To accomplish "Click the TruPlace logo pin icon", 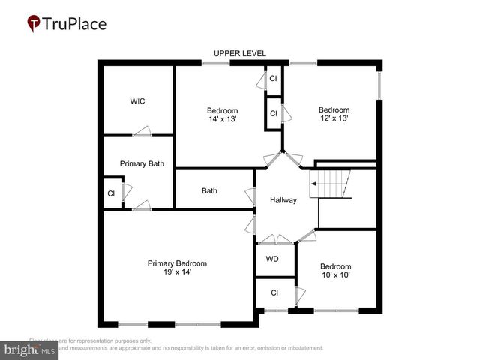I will coord(34,23).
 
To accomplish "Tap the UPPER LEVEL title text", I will coord(239,53).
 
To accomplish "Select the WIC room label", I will coord(137,101).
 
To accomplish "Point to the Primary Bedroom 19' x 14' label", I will coord(177,268).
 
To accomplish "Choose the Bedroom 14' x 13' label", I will coord(222,115).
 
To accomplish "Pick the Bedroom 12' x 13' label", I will coord(334,114).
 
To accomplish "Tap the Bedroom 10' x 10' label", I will coord(335,271).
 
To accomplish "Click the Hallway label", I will coord(283,200).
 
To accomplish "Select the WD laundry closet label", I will coord(272,259).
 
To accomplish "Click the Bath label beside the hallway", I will coord(209,190).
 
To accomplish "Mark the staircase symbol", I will coord(331,184).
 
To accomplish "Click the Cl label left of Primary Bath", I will coord(111,193).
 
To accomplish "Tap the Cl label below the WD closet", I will coord(274,292).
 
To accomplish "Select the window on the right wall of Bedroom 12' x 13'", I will coord(379,85).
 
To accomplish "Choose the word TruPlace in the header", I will coord(75,23).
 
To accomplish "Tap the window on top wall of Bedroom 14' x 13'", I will coord(215,63).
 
